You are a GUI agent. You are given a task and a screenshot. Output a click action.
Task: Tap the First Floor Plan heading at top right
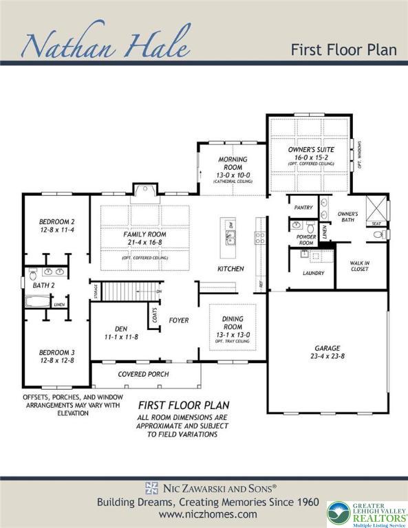coord(343,49)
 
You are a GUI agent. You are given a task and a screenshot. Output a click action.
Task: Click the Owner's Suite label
coord(310,149)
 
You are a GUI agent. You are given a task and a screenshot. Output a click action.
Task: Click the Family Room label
coord(144,234)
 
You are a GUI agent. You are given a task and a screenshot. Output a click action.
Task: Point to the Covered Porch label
coord(145,374)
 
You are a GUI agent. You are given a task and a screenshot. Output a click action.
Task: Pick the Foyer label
coord(178,320)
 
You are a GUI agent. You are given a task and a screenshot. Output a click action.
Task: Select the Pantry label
coord(303,207)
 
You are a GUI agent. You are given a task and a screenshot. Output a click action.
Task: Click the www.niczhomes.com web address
coord(208,514)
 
